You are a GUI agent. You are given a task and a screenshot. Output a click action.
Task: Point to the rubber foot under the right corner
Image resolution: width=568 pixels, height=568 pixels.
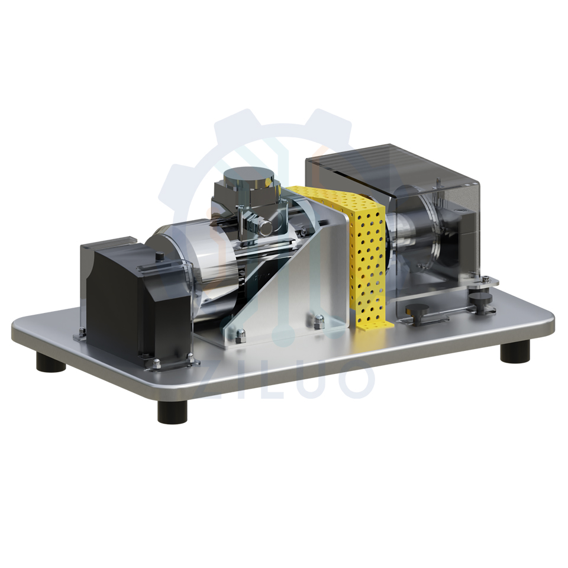pos(515,352)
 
